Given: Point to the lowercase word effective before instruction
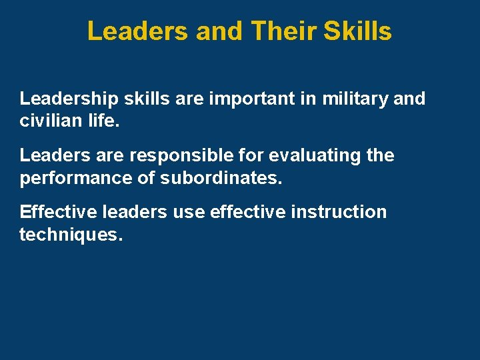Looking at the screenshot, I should click(x=245, y=212).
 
